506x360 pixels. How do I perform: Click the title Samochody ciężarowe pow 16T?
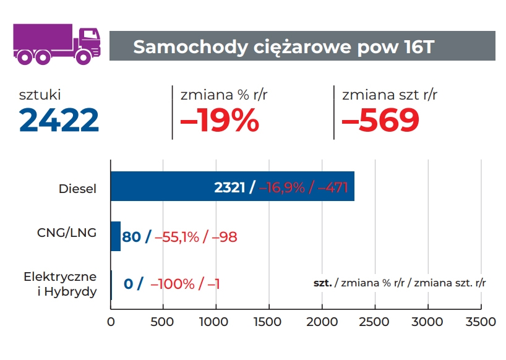(284, 47)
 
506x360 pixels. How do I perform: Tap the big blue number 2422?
(59, 120)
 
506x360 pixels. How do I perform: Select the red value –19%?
(219, 120)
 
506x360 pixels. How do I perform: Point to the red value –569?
(380, 120)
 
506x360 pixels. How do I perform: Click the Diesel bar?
(161, 187)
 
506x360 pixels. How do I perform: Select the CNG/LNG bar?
(115, 236)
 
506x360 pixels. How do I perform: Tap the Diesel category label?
(77, 189)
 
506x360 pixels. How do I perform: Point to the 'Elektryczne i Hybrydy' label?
(60, 284)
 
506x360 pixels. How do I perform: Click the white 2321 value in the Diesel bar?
(230, 188)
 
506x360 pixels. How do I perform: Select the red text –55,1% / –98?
(196, 236)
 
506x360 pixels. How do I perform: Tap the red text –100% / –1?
(185, 284)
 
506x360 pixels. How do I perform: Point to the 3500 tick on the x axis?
(480, 322)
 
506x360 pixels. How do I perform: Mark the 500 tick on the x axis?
(163, 322)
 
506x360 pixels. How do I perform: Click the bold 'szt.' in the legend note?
(322, 283)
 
